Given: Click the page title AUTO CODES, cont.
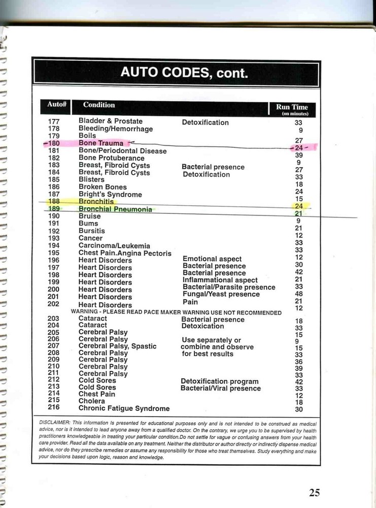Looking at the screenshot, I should point(184,73).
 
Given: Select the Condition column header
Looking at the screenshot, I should point(99,105).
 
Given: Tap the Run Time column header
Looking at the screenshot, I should point(292,107).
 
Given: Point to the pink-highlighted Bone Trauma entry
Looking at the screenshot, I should point(101,144).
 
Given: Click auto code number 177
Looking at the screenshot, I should point(54,121).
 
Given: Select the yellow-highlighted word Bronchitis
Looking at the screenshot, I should point(96,202).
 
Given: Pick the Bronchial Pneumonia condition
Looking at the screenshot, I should point(115,209).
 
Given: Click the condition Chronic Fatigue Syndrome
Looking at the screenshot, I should point(124,408).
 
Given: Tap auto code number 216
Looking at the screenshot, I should point(54,407).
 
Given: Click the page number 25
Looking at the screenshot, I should point(315,492).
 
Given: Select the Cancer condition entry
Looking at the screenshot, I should point(90,238).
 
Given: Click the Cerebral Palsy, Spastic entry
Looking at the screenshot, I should point(117,346).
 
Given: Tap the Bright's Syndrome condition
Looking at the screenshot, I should point(110,195).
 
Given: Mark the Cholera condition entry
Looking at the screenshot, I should point(91,401).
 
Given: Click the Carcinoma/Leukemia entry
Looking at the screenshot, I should point(114,246).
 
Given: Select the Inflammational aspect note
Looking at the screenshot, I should point(220,280).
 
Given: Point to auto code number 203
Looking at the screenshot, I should point(54,319).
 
